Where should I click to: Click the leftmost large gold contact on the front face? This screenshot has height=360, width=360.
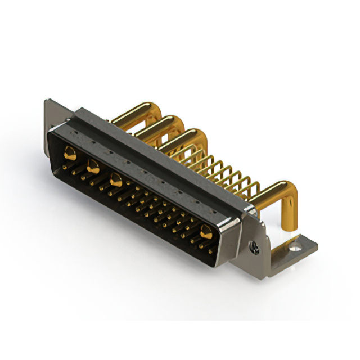[71, 152]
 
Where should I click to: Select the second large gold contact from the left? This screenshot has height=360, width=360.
[93, 166]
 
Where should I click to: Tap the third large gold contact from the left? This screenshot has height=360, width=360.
[116, 180]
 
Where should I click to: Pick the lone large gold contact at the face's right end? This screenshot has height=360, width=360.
[206, 231]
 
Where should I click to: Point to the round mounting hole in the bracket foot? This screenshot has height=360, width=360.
[294, 245]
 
